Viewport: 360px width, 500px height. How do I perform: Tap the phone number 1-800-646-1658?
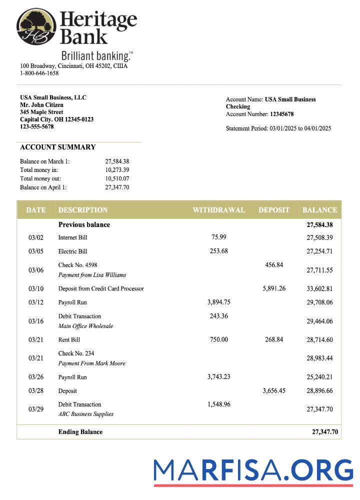pyautogui.click(x=39, y=73)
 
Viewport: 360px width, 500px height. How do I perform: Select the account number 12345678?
pyautogui.click(x=282, y=114)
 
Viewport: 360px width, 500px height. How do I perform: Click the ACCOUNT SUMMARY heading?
pyautogui.click(x=57, y=147)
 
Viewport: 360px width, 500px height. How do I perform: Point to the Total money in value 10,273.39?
pyautogui.click(x=117, y=170)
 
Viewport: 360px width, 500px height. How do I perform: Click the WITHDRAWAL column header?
pyautogui.click(x=218, y=210)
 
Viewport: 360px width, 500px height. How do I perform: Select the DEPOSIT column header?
pyautogui.click(x=273, y=210)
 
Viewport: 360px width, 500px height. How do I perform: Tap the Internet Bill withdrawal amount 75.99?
pyautogui.click(x=219, y=237)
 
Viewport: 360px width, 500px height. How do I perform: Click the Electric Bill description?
pyautogui.click(x=72, y=251)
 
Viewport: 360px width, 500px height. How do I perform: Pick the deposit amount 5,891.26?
pyautogui.click(x=274, y=288)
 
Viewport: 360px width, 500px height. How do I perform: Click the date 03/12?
pyautogui.click(x=36, y=302)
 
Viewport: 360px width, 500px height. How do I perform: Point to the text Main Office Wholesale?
pyautogui.click(x=85, y=326)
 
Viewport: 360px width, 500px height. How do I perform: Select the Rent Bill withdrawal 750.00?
pyautogui.click(x=219, y=339)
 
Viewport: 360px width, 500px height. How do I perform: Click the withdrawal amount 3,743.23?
pyautogui.click(x=219, y=377)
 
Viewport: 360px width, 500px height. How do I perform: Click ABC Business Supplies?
pyautogui.click(x=85, y=414)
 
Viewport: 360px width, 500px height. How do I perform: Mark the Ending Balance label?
pyautogui.click(x=80, y=432)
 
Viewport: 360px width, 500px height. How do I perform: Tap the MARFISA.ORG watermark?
pyautogui.click(x=253, y=471)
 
